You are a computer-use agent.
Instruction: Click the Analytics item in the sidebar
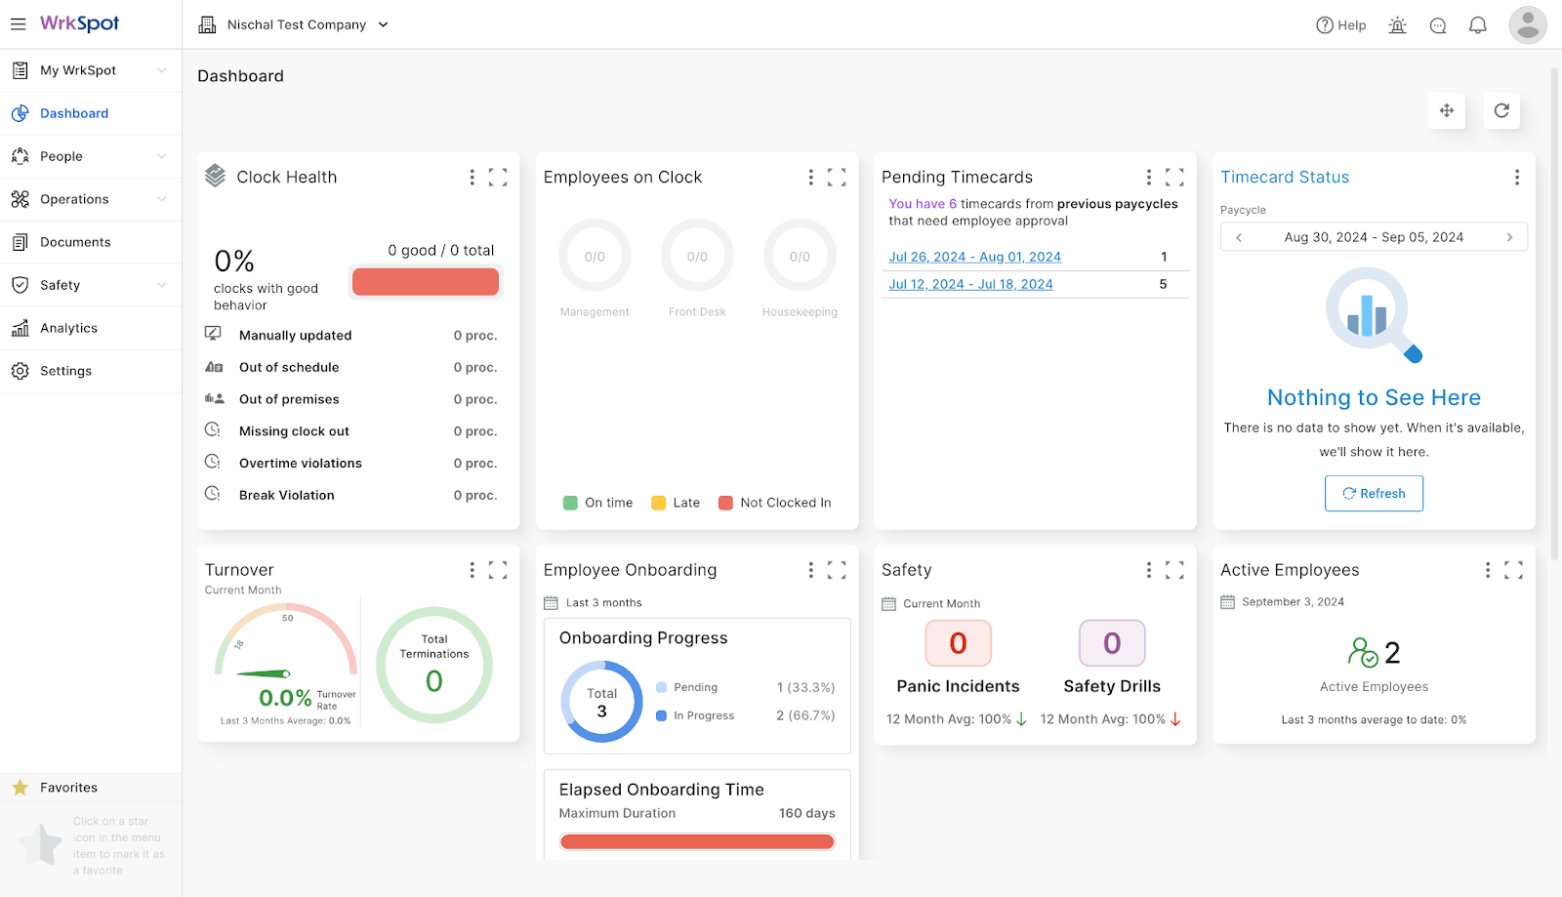click(68, 328)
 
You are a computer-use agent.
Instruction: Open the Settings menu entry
click(65, 371)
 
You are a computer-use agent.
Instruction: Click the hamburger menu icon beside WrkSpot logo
click(19, 24)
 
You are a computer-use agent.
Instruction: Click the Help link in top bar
click(1341, 25)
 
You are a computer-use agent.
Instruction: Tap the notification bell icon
click(1478, 25)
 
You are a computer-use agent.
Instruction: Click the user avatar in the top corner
click(1527, 25)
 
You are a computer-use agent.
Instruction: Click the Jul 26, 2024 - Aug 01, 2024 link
click(974, 257)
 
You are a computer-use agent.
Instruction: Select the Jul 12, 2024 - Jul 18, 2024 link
click(970, 284)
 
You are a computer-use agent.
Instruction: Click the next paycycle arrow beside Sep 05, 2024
click(1509, 237)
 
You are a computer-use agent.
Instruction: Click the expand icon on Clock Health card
click(498, 177)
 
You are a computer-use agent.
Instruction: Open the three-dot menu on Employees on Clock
click(810, 177)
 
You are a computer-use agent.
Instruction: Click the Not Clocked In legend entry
click(775, 503)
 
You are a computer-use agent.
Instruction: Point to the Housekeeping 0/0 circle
click(800, 256)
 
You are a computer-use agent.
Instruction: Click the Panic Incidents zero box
click(958, 643)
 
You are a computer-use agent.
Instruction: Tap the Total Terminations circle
click(434, 665)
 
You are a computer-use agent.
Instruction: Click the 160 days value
click(806, 813)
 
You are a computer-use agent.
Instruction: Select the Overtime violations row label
click(300, 464)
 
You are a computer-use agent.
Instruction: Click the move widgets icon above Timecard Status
click(1447, 110)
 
